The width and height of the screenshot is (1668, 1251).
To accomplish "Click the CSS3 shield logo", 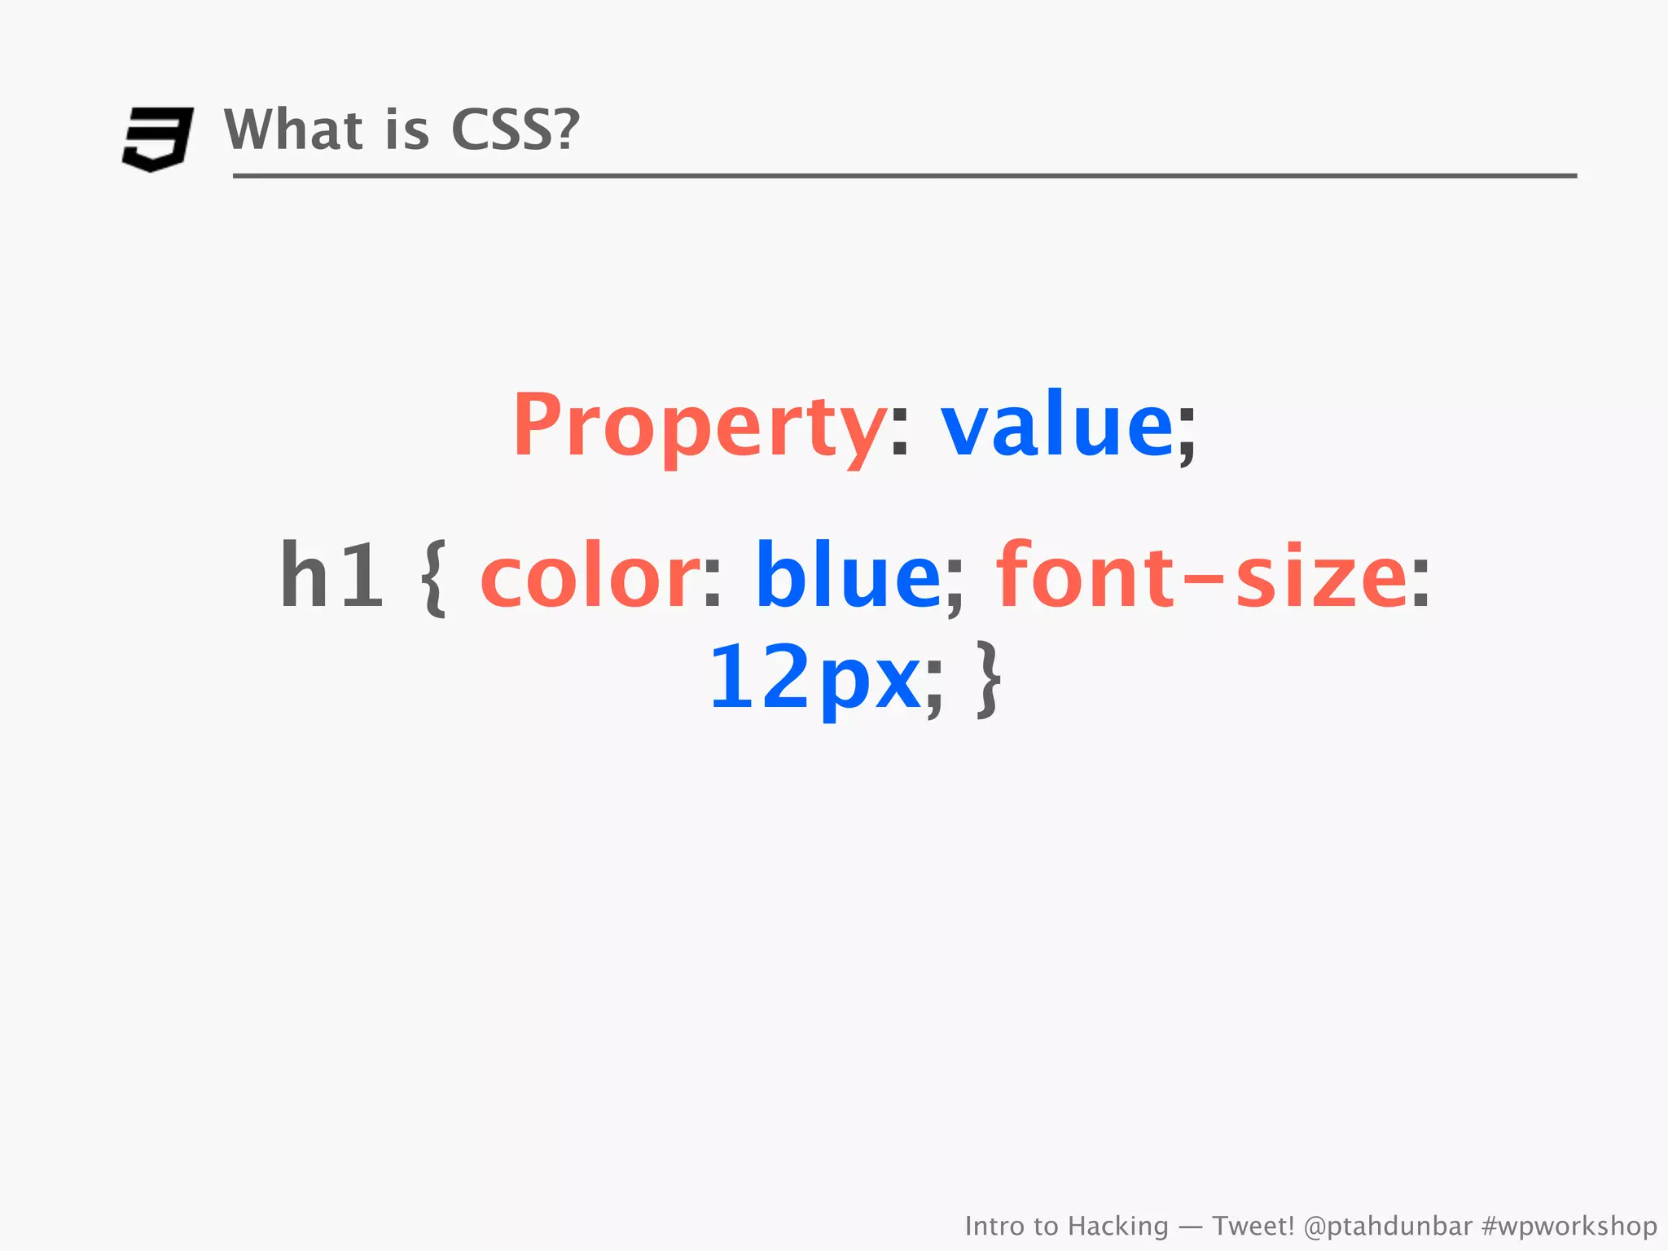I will (x=158, y=138).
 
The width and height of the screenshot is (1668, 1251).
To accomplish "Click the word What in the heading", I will (x=293, y=129).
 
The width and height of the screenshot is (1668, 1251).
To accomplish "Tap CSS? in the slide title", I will (x=515, y=129).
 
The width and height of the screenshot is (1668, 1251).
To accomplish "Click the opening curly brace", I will (x=434, y=577).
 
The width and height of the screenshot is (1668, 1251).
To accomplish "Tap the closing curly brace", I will (x=989, y=678).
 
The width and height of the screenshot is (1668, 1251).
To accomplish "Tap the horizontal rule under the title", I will (x=904, y=176).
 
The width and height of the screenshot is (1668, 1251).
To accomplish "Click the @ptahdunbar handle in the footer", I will (x=1388, y=1226).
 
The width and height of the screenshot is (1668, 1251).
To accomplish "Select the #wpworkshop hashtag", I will (x=1569, y=1226).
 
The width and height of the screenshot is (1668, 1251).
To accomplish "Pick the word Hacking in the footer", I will (x=1117, y=1226).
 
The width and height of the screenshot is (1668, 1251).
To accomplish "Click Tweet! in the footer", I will (x=1253, y=1226).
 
